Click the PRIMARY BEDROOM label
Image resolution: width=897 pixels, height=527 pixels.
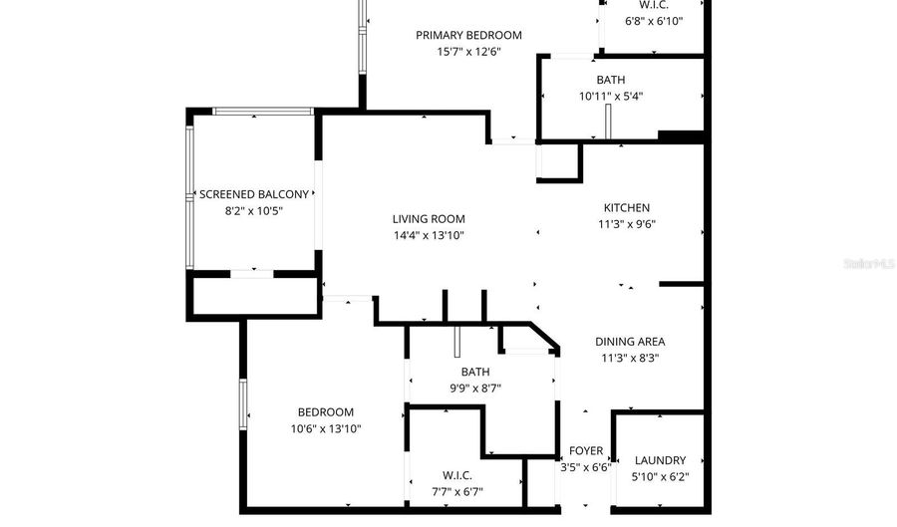[468, 36]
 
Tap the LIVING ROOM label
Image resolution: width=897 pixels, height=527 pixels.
[429, 219]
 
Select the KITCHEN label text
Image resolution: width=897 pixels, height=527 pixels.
[627, 208]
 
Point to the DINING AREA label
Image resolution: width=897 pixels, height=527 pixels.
[630, 342]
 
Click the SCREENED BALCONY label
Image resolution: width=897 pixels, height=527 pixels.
[254, 194]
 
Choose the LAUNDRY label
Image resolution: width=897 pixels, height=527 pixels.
[660, 460]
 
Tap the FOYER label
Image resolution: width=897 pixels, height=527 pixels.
[586, 451]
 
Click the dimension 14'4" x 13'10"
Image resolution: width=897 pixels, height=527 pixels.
[429, 235]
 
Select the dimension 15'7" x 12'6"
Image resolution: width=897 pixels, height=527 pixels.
[469, 52]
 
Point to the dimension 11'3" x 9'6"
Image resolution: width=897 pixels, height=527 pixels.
[627, 224]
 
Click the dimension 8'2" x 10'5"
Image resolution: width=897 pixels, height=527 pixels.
[254, 211]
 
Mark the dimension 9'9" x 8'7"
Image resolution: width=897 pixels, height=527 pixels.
[475, 389]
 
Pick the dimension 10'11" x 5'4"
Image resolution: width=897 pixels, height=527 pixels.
[611, 97]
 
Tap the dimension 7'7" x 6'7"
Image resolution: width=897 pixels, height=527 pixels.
[457, 492]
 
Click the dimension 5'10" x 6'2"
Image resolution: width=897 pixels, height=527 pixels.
[660, 477]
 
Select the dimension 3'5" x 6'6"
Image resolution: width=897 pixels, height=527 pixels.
[586, 467]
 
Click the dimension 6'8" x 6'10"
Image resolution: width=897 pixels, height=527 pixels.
[654, 22]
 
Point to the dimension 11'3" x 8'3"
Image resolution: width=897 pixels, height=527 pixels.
[630, 359]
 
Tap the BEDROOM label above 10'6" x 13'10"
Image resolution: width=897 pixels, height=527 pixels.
[326, 412]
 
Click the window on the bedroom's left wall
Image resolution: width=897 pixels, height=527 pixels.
[243, 404]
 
